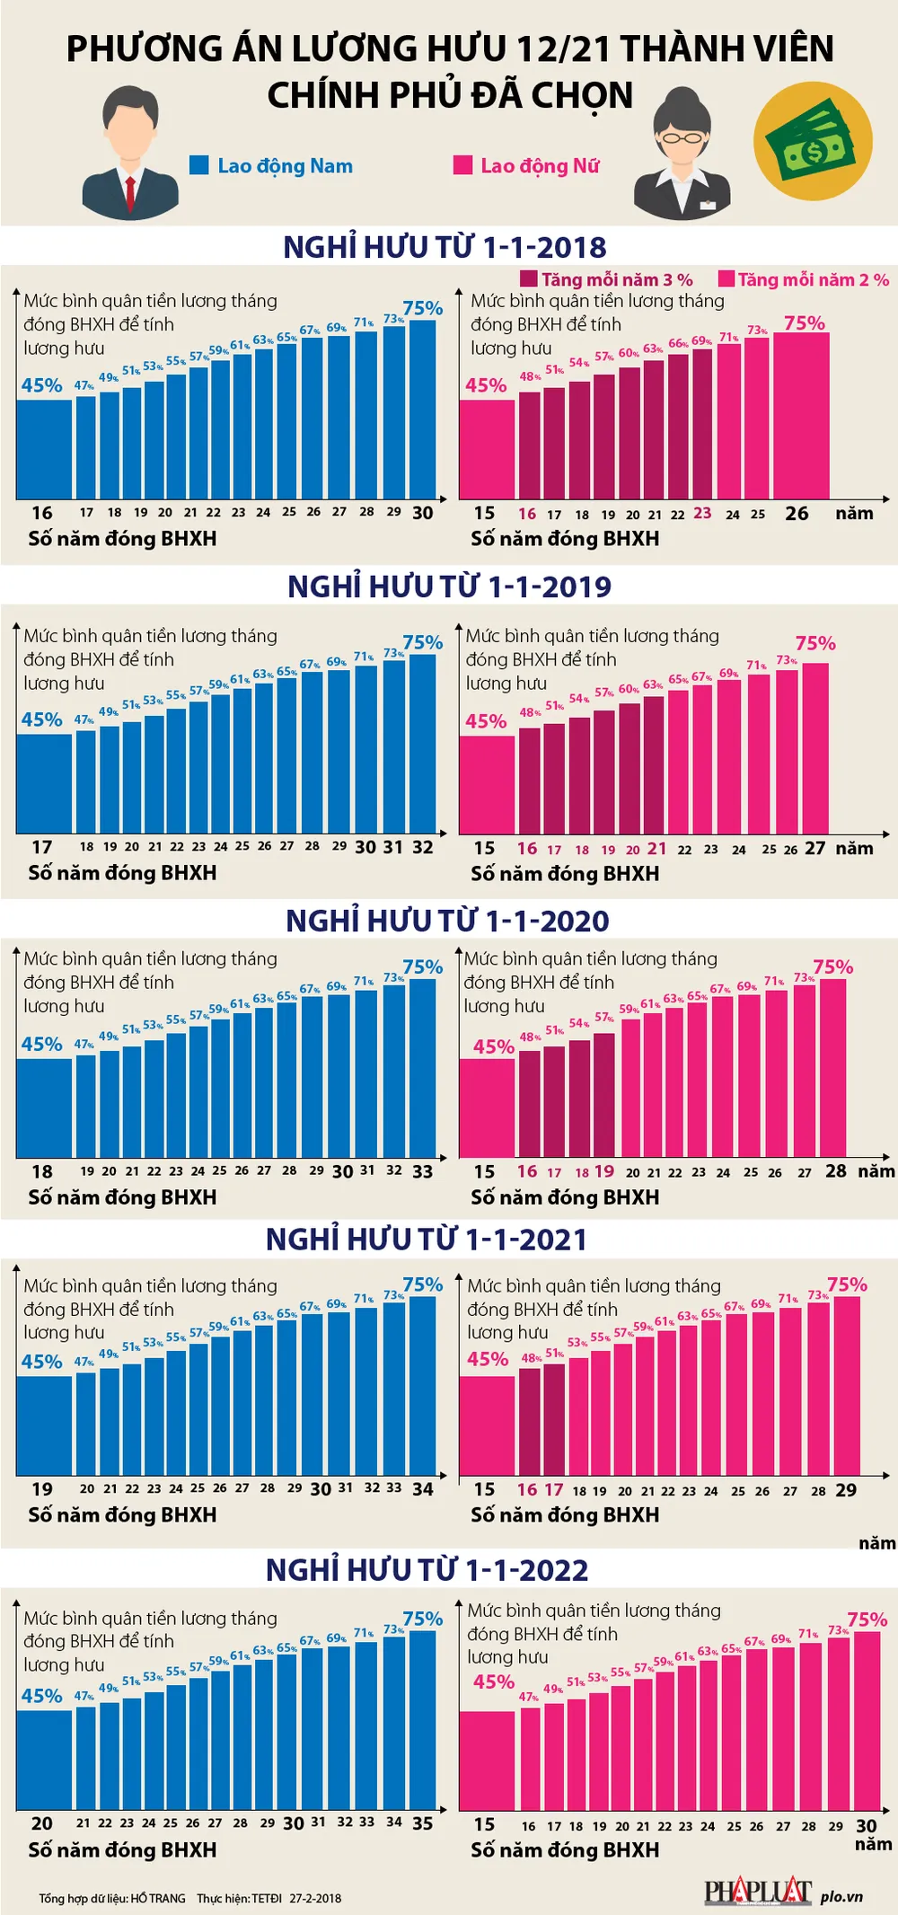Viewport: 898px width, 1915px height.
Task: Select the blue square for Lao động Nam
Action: [x=199, y=165]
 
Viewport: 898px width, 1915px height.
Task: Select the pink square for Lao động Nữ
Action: [x=462, y=165]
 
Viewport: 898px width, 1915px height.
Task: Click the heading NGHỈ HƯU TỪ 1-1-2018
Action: [x=445, y=247]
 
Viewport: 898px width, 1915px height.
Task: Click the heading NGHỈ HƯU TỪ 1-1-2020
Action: [x=447, y=921]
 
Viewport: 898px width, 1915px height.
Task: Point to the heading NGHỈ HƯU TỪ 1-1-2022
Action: [x=427, y=1569]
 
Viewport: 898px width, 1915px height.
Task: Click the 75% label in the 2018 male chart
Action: [x=423, y=308]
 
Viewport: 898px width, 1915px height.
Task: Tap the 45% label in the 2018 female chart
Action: [x=486, y=385]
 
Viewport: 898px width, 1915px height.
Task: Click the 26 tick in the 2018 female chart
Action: [x=797, y=514]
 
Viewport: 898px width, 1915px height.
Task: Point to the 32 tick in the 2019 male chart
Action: [x=423, y=847]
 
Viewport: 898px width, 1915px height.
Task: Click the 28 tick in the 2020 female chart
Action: [x=835, y=1171]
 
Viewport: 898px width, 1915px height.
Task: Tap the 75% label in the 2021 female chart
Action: [x=847, y=1284]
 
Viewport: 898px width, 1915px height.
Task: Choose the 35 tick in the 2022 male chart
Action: [x=423, y=1823]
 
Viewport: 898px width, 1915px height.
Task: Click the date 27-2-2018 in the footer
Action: [x=315, y=1899]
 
